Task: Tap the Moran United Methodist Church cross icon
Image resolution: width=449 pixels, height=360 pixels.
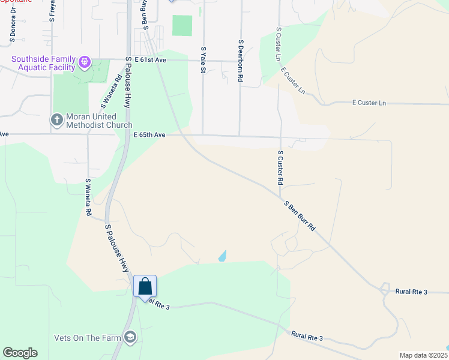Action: point(57,119)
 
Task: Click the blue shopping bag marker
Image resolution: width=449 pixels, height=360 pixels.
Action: point(145,286)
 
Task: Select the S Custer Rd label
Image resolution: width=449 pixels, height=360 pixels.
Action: point(280,167)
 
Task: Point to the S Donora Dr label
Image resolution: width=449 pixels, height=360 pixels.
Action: point(12,28)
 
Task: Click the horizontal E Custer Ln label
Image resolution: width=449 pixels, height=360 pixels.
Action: point(369,103)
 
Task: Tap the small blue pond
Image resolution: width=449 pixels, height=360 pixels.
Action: point(223,256)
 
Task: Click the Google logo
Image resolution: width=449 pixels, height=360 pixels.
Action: point(20,353)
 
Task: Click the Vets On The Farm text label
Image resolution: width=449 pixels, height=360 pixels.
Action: point(87,338)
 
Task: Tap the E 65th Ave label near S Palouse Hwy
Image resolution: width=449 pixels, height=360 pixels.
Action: point(149,135)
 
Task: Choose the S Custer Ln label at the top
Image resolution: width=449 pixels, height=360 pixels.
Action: point(278,43)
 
